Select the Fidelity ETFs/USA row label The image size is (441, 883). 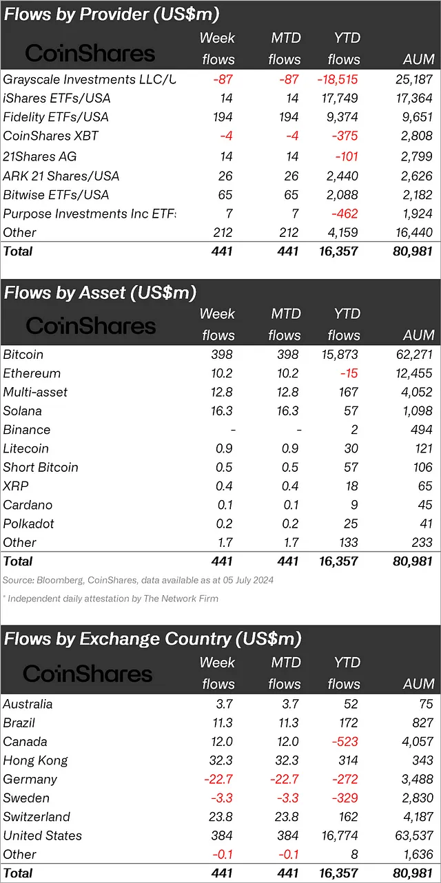pyautogui.click(x=56, y=117)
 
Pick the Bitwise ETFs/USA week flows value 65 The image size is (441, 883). pyautogui.click(x=224, y=195)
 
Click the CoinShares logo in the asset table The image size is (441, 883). pyautogui.click(x=91, y=325)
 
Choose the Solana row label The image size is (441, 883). pyautogui.click(x=23, y=411)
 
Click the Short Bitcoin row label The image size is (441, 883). pyautogui.click(x=41, y=467)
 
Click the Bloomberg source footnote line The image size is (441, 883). pyautogui.click(x=138, y=580)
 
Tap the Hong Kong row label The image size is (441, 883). pyautogui.click(x=36, y=760)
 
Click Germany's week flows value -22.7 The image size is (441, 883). pyautogui.click(x=218, y=779)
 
